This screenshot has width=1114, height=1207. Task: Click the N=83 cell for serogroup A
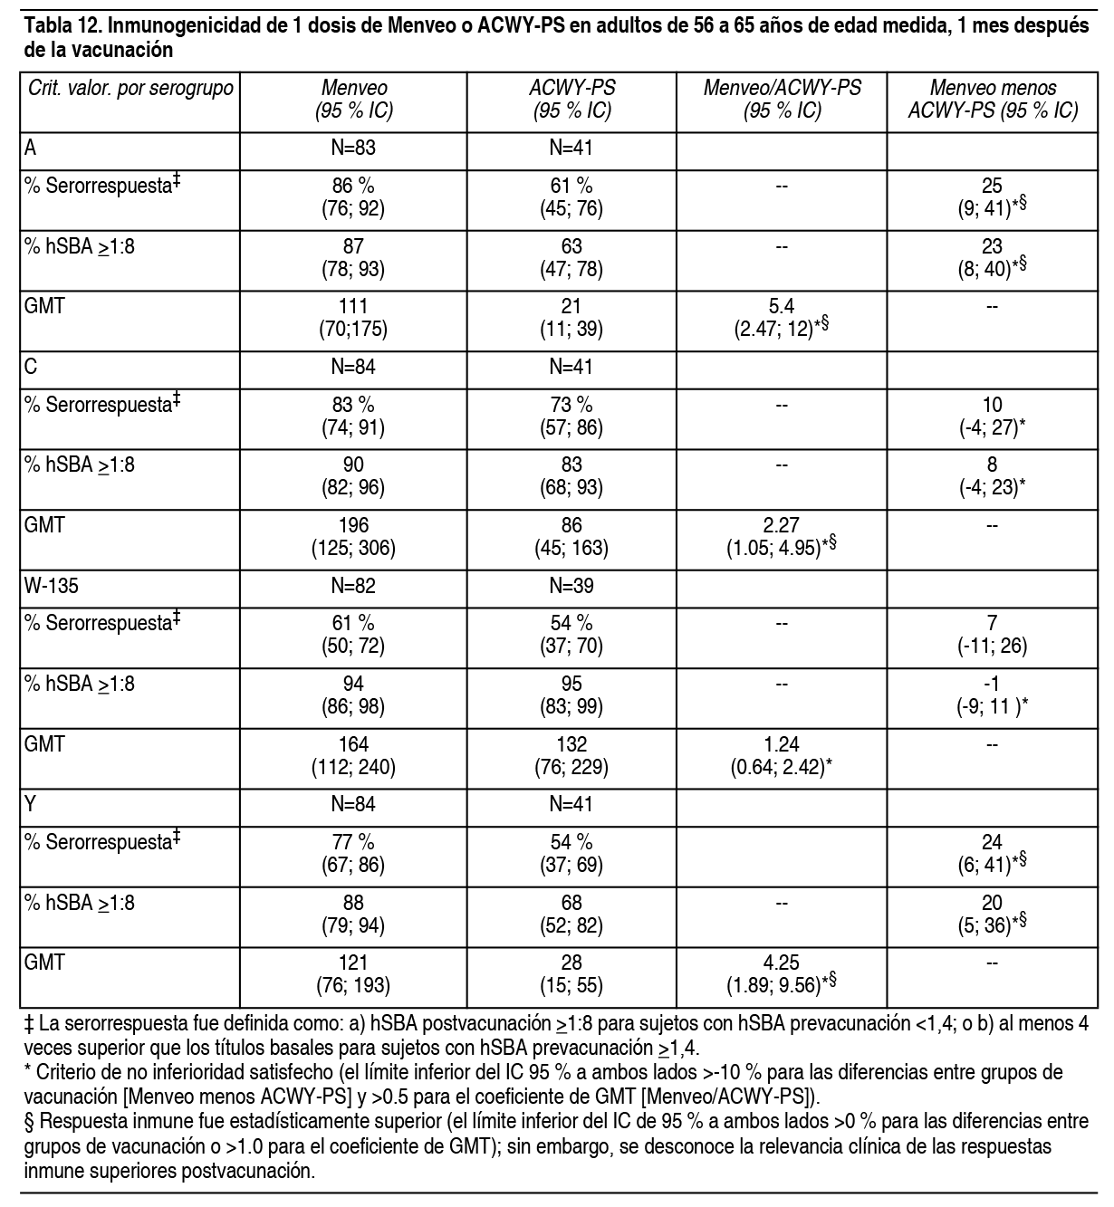tap(353, 148)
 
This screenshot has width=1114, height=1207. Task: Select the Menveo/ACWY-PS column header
tap(782, 100)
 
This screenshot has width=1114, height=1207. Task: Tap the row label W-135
tap(52, 586)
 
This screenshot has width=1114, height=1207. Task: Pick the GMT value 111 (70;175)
tap(353, 318)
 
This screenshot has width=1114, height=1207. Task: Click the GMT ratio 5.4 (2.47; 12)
tap(782, 318)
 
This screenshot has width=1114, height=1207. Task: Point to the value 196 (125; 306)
tap(353, 537)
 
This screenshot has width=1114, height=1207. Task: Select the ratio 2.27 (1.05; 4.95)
tap(782, 537)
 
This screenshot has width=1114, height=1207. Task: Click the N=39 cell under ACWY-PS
tap(571, 586)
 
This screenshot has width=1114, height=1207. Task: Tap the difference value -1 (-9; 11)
tap(993, 695)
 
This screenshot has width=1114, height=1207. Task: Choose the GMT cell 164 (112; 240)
tap(353, 756)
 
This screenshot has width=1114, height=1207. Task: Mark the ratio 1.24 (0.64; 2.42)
tap(782, 756)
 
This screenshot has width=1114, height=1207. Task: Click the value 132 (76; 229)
tap(571, 756)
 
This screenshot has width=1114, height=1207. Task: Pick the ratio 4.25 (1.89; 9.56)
tap(782, 974)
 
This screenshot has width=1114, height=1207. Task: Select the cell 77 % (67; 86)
tap(353, 853)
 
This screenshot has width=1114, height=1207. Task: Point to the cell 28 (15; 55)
tap(571, 974)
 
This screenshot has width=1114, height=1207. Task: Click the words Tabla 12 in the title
tap(57, 25)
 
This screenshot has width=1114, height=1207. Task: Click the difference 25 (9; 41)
tap(993, 196)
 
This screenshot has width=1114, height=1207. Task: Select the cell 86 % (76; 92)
tap(353, 196)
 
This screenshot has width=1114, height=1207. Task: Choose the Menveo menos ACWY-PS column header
tap(993, 100)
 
